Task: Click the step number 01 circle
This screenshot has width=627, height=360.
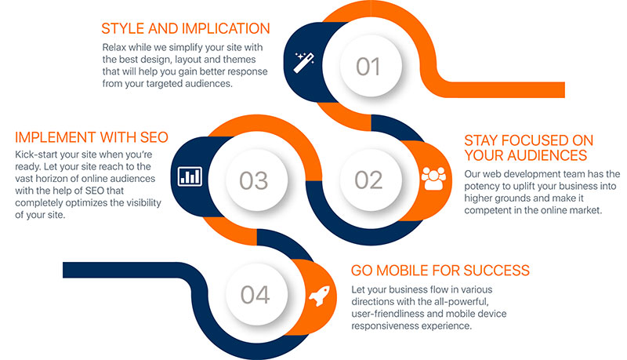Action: [x=371, y=66]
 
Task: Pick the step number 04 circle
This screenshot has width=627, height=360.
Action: [x=256, y=294]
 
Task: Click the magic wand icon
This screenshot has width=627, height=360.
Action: [x=304, y=63]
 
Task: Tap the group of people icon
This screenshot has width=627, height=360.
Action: [x=433, y=178]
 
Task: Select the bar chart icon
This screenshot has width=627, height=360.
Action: [x=190, y=176]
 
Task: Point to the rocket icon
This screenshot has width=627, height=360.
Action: [x=320, y=296]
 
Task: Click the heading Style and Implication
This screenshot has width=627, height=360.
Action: [x=186, y=29]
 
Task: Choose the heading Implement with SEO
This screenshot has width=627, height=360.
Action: [x=92, y=137]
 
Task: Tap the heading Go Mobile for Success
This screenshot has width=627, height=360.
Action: [x=440, y=271]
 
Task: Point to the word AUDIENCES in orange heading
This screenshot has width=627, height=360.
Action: [x=546, y=155]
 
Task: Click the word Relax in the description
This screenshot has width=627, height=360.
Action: [x=114, y=48]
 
